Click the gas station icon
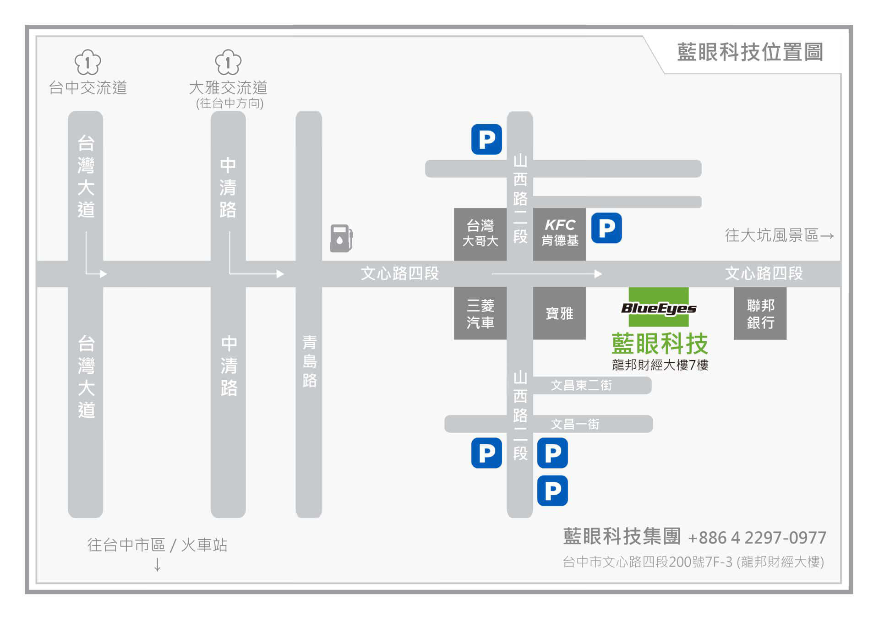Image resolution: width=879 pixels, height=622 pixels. (x=341, y=238)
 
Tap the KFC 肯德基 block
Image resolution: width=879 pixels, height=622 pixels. (x=559, y=233)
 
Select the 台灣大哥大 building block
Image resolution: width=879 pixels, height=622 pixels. (x=480, y=233)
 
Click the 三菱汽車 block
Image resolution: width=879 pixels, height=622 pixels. (x=480, y=314)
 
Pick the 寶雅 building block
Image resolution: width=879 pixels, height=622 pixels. (x=559, y=314)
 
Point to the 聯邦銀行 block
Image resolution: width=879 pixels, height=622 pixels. (x=760, y=314)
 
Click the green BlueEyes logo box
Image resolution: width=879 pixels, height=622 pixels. (x=658, y=307)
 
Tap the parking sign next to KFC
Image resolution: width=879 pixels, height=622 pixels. (x=606, y=228)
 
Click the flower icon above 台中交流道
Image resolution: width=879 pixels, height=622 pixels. (x=87, y=62)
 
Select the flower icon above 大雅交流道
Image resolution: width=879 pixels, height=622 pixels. (x=228, y=62)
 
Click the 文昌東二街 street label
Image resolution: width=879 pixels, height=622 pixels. (x=581, y=386)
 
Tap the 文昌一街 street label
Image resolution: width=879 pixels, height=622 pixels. (x=575, y=425)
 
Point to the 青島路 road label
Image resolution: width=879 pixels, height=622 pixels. (x=310, y=362)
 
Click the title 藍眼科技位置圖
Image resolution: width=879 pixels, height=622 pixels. (x=750, y=52)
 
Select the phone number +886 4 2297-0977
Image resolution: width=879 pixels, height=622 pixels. (x=757, y=538)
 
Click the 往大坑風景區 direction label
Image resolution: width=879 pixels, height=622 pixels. (x=779, y=235)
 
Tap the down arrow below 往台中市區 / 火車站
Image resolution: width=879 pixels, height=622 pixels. (x=158, y=565)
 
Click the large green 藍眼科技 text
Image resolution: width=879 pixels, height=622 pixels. (x=660, y=344)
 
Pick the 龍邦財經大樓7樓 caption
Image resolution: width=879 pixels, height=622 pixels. (x=660, y=365)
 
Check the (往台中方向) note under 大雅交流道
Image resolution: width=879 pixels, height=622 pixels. (x=229, y=104)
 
